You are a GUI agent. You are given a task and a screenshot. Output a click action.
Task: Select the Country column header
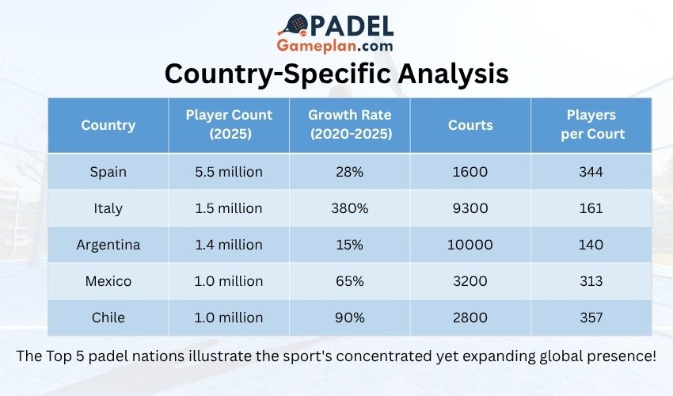(108, 125)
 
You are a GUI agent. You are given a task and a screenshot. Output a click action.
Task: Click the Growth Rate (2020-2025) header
(350, 125)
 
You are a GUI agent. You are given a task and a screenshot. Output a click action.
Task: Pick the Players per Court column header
(591, 125)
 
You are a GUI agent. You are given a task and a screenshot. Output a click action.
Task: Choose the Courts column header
(470, 125)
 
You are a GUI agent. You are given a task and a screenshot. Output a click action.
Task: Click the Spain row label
(108, 172)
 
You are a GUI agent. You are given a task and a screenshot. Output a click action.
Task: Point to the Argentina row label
(108, 245)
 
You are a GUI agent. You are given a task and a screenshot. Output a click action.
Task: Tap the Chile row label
(108, 318)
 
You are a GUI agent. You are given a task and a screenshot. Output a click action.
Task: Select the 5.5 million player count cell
(229, 172)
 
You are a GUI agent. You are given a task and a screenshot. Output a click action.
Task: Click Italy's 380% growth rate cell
(350, 208)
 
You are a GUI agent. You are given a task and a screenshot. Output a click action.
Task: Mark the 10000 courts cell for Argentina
(470, 245)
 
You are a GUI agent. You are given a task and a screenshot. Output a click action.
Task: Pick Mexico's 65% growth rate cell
(350, 281)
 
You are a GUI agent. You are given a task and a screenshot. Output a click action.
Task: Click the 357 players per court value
(591, 318)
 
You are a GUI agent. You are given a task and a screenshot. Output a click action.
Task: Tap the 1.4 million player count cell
(229, 245)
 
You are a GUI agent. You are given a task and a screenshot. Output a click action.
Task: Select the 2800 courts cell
(470, 318)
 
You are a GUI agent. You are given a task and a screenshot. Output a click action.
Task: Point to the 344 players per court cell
(591, 172)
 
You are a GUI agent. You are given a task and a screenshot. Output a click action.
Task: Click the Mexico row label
(108, 281)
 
